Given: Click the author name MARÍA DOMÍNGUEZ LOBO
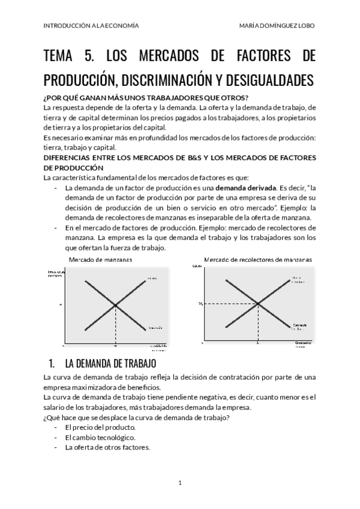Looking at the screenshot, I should (277, 26).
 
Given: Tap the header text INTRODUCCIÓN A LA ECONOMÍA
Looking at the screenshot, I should (91, 26).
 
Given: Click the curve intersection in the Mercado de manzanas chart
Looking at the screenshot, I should (115, 305).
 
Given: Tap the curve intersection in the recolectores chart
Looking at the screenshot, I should (258, 304).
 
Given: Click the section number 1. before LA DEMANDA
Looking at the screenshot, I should (52, 364).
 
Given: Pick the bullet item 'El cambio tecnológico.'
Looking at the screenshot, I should (100, 438).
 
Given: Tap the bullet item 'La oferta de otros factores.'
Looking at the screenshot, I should (107, 447).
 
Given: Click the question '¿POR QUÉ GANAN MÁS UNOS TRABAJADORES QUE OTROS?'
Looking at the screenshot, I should (146, 98).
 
